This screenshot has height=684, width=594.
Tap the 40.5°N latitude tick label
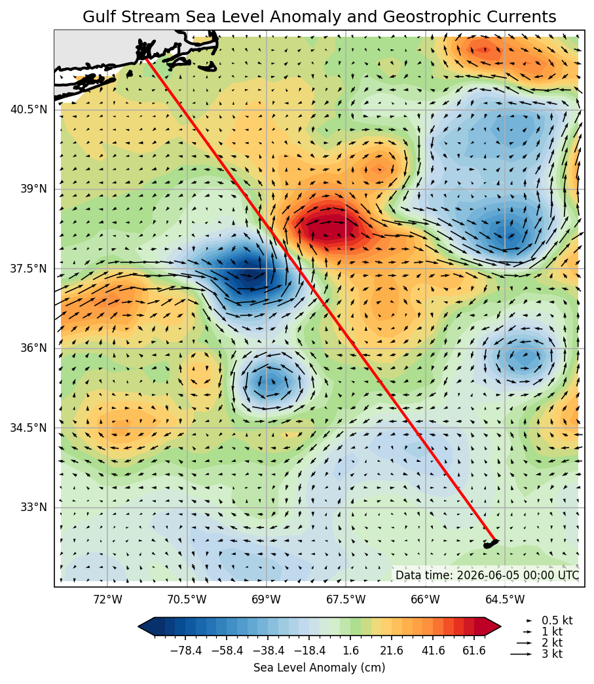(x=28, y=109)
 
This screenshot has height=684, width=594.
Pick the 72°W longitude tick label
(x=107, y=599)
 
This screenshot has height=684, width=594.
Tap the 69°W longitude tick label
(x=267, y=599)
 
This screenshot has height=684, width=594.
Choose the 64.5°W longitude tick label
(x=505, y=599)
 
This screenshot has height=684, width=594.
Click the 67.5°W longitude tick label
(x=346, y=599)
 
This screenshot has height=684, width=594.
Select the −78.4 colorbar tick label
(x=186, y=651)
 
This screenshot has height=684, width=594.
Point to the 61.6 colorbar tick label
(x=474, y=651)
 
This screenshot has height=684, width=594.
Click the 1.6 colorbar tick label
(x=351, y=651)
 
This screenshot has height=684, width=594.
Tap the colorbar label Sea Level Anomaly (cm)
(x=319, y=668)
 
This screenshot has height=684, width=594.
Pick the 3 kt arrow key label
(x=552, y=654)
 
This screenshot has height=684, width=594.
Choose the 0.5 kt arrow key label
(x=557, y=620)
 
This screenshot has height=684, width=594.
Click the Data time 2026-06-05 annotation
(x=488, y=575)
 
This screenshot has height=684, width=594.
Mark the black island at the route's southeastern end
(x=491, y=544)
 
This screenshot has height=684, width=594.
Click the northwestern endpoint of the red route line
(x=147, y=59)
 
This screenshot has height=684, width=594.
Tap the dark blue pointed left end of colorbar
(x=146, y=627)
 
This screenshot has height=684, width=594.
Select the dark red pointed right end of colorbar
(x=493, y=627)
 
